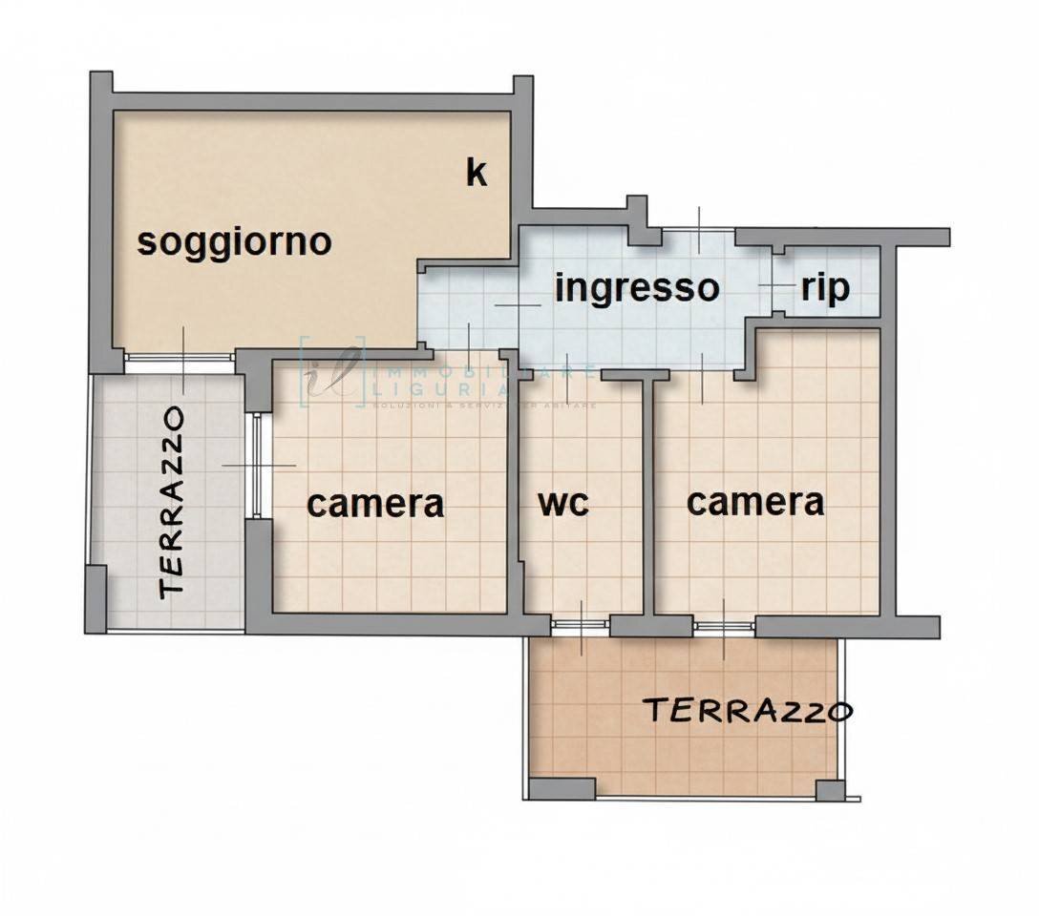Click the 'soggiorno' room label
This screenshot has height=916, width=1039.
click(x=234, y=241)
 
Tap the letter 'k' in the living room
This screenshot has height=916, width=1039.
click(x=476, y=173)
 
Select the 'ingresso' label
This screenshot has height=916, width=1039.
click(x=636, y=286)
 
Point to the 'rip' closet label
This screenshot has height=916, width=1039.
click(x=825, y=287)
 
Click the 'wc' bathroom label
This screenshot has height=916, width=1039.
click(x=563, y=503)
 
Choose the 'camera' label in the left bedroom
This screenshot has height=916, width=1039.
click(x=375, y=503)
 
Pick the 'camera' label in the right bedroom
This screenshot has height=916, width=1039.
click(x=755, y=501)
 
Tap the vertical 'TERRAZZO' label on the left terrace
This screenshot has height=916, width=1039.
click(x=172, y=502)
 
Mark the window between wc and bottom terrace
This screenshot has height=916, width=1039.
click(x=581, y=626)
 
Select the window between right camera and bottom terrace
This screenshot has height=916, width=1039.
click(x=724, y=626)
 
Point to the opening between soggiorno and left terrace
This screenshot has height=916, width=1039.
click(x=180, y=361)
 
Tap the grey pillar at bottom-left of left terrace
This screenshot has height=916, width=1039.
click(x=95, y=598)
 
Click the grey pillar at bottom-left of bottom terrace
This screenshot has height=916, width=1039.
click(x=562, y=789)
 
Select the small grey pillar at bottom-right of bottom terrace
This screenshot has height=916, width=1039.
click(x=830, y=791)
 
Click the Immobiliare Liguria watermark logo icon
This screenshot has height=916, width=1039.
click(x=333, y=372)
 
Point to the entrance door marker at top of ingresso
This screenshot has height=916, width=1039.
click(x=699, y=230)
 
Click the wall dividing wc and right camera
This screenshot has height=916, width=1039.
click(x=649, y=496)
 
